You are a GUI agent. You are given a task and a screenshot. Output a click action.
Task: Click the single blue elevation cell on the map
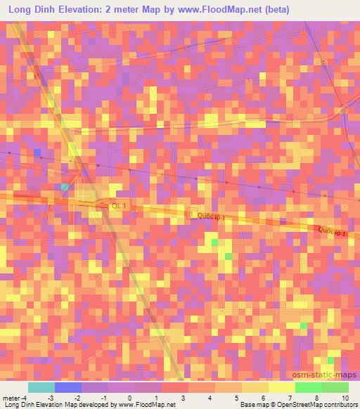point(37,152)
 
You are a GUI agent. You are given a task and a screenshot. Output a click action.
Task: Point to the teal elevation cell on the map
point(65,187)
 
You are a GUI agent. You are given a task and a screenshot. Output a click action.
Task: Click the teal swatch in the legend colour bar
point(41,387)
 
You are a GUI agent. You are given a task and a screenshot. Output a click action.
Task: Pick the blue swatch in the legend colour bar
point(67,387)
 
